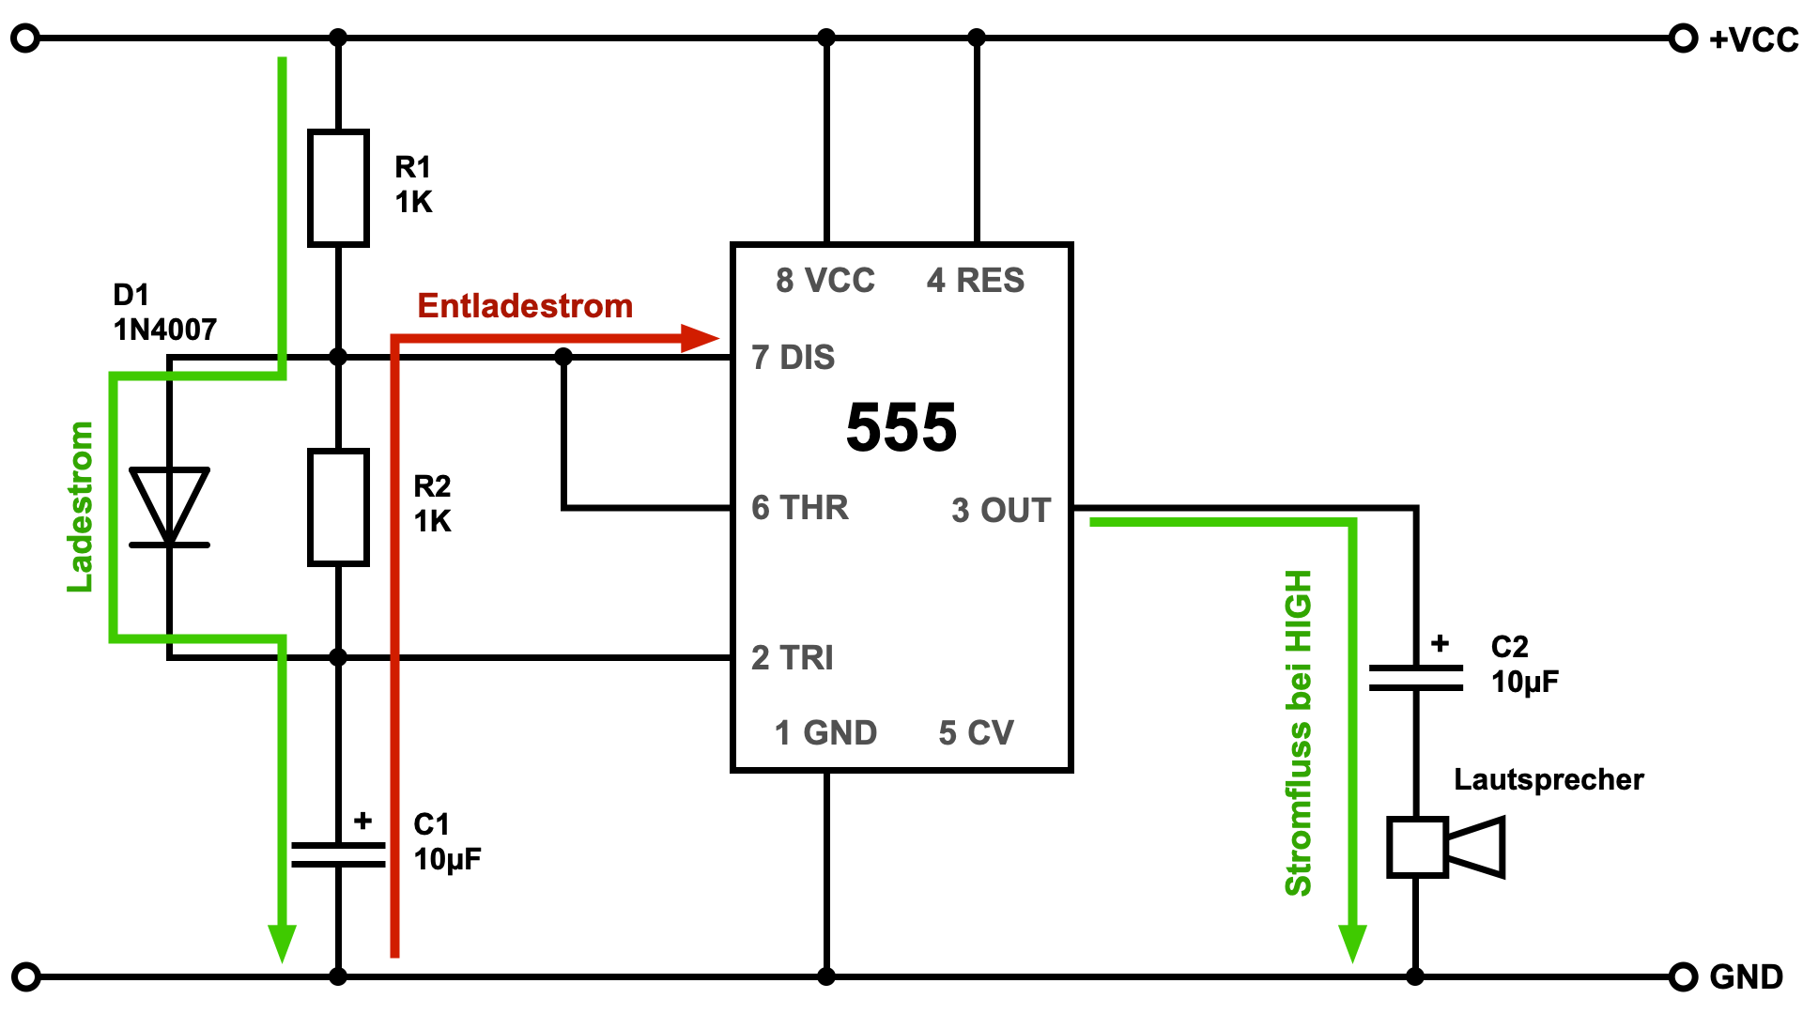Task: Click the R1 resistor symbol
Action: click(338, 188)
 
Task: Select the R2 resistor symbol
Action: click(338, 507)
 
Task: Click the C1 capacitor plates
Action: click(338, 854)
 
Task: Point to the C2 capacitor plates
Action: click(1415, 678)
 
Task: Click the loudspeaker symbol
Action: click(1446, 847)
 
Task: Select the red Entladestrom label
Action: click(525, 306)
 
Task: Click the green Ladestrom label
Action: click(81, 507)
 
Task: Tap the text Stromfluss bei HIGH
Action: click(1298, 732)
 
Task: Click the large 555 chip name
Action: click(901, 428)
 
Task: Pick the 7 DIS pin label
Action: click(794, 358)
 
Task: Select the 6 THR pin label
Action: click(800, 508)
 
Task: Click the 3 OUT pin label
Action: click(1001, 511)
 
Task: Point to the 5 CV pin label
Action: click(977, 733)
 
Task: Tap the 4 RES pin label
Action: click(976, 281)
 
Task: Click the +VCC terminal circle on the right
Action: click(1683, 38)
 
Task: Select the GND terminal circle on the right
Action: click(1683, 976)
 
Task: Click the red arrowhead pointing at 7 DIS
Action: click(700, 338)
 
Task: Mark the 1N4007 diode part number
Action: click(165, 330)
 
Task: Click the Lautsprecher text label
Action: click(1549, 779)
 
